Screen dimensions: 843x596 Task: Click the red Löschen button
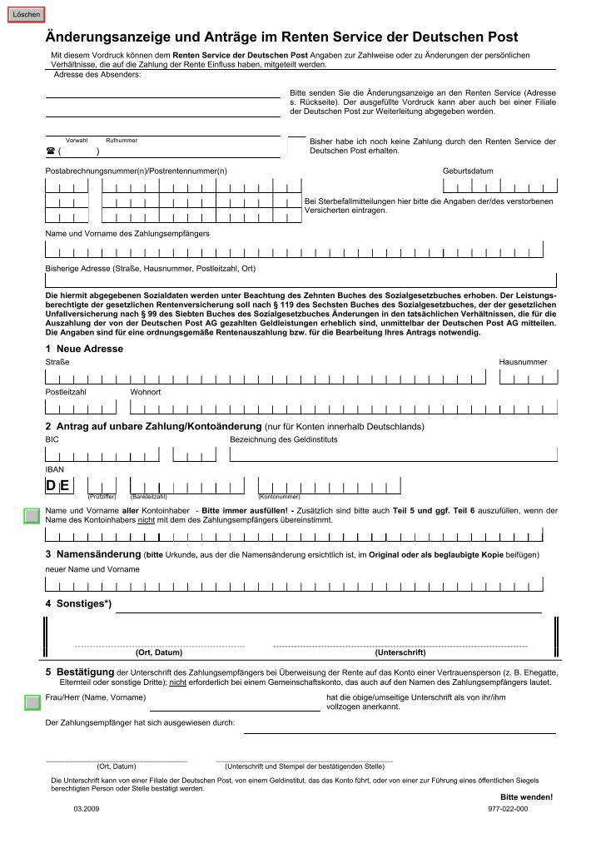point(26,15)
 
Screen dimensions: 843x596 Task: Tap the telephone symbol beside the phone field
point(50,151)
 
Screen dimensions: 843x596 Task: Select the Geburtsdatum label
point(468,171)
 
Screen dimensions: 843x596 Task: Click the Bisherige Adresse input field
point(300,280)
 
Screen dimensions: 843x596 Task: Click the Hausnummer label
point(523,362)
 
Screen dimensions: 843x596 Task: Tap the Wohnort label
point(146,391)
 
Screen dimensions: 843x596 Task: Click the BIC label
point(52,438)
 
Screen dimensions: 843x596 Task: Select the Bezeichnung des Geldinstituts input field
point(392,454)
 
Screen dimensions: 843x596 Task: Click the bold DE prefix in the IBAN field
point(57,486)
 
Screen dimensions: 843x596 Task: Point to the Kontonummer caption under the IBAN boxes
point(280,497)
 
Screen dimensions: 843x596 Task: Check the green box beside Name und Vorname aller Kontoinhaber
point(32,516)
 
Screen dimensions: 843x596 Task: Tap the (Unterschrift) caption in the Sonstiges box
point(400,652)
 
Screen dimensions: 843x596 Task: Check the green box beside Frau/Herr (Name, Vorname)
point(32,704)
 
